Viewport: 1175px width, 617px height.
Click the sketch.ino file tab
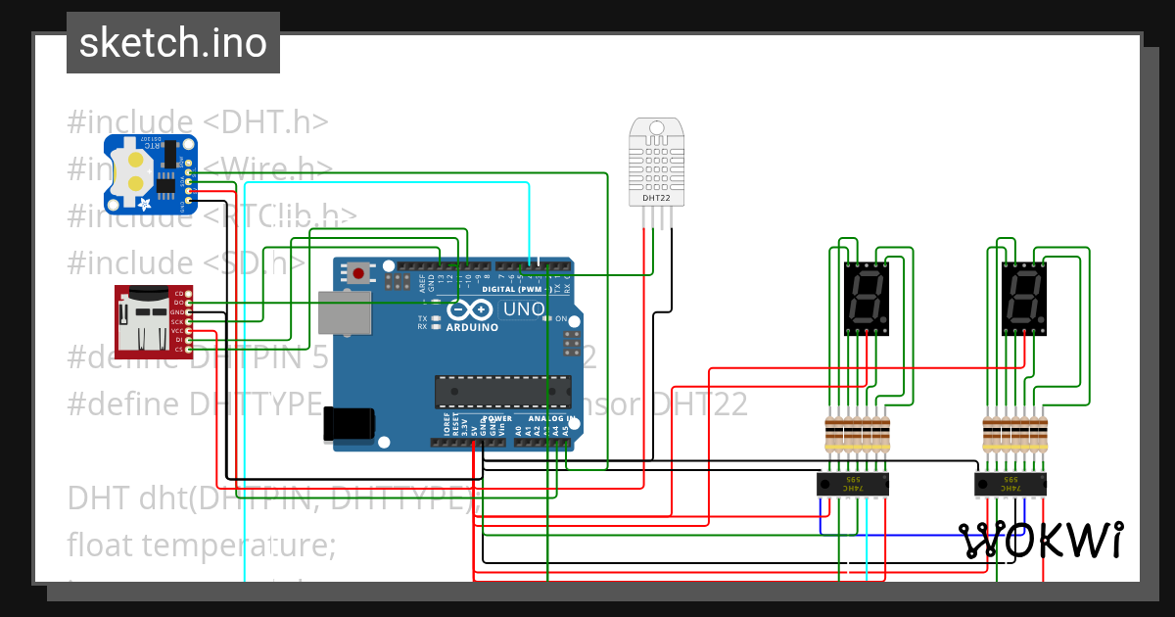[x=173, y=43]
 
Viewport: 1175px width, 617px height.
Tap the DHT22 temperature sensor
[x=656, y=162]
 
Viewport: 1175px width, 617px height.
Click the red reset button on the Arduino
[x=359, y=274]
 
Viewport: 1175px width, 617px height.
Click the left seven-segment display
[x=866, y=298]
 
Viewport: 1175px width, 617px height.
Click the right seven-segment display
[x=1024, y=298]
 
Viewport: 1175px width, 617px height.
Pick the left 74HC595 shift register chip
[x=853, y=484]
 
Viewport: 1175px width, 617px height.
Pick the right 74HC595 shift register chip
[x=1010, y=484]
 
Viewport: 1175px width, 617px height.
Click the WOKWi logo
[x=1041, y=541]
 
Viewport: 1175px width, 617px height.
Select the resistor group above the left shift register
[x=857, y=431]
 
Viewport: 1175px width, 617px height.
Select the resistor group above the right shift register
[x=1014, y=431]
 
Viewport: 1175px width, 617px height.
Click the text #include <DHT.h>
[x=197, y=122]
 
